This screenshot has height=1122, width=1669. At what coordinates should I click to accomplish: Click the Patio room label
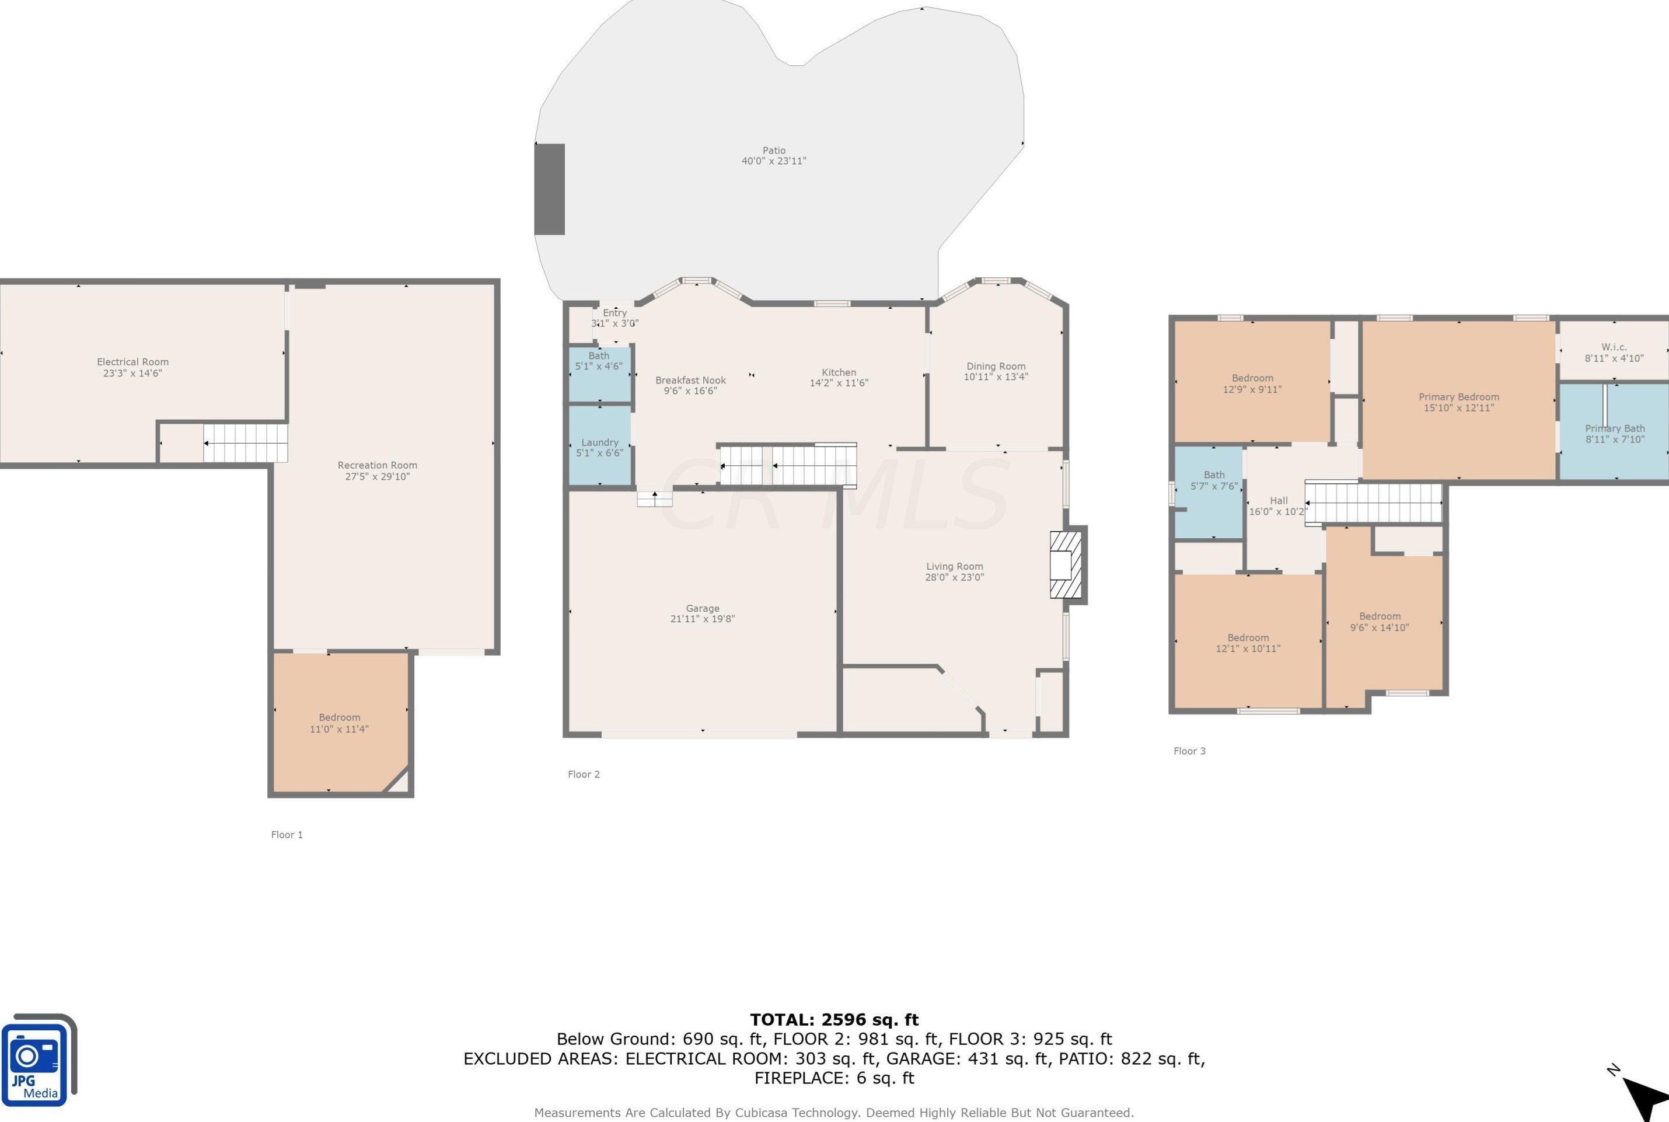(x=774, y=150)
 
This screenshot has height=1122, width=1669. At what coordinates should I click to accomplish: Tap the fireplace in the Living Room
(x=1067, y=565)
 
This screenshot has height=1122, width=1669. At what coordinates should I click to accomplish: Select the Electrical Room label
(x=133, y=362)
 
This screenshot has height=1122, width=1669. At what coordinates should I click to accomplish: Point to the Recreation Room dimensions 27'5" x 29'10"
(x=378, y=476)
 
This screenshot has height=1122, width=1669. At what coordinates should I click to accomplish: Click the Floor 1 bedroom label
(x=340, y=717)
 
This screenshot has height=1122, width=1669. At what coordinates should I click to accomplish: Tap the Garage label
(x=703, y=608)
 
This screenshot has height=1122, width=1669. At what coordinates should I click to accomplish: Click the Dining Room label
(x=996, y=367)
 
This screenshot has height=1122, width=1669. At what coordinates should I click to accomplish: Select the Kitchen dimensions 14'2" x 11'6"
(x=839, y=383)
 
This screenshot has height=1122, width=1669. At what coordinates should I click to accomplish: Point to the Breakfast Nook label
(x=690, y=381)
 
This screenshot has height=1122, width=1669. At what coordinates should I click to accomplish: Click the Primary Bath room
(x=1614, y=431)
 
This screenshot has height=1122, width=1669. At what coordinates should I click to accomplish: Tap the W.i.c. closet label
(x=1615, y=347)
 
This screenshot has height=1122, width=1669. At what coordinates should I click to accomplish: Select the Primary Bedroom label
(x=1459, y=397)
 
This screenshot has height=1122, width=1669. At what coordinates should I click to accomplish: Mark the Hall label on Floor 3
(x=1279, y=501)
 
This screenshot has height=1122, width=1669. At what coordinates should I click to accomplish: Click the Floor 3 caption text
(x=1190, y=751)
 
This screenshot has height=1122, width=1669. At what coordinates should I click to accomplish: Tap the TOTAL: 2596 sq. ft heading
(x=834, y=1020)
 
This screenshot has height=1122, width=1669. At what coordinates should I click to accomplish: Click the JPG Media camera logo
(x=39, y=1060)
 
